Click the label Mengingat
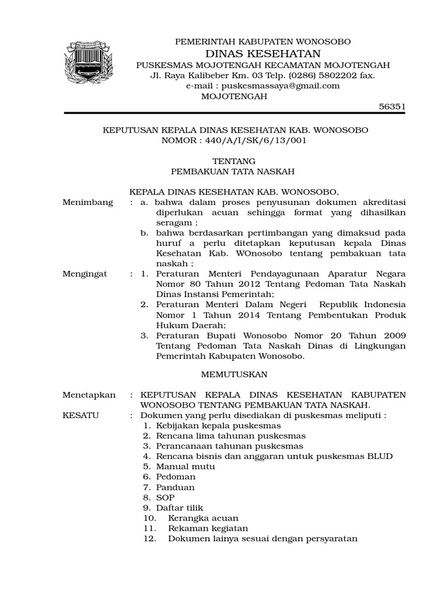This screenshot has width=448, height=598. [x=85, y=274]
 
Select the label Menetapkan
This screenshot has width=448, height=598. [x=89, y=395]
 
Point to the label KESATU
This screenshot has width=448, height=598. [x=81, y=415]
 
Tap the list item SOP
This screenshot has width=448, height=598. [x=165, y=498]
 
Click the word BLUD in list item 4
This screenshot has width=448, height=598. [x=380, y=456]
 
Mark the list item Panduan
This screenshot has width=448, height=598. [x=175, y=487]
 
